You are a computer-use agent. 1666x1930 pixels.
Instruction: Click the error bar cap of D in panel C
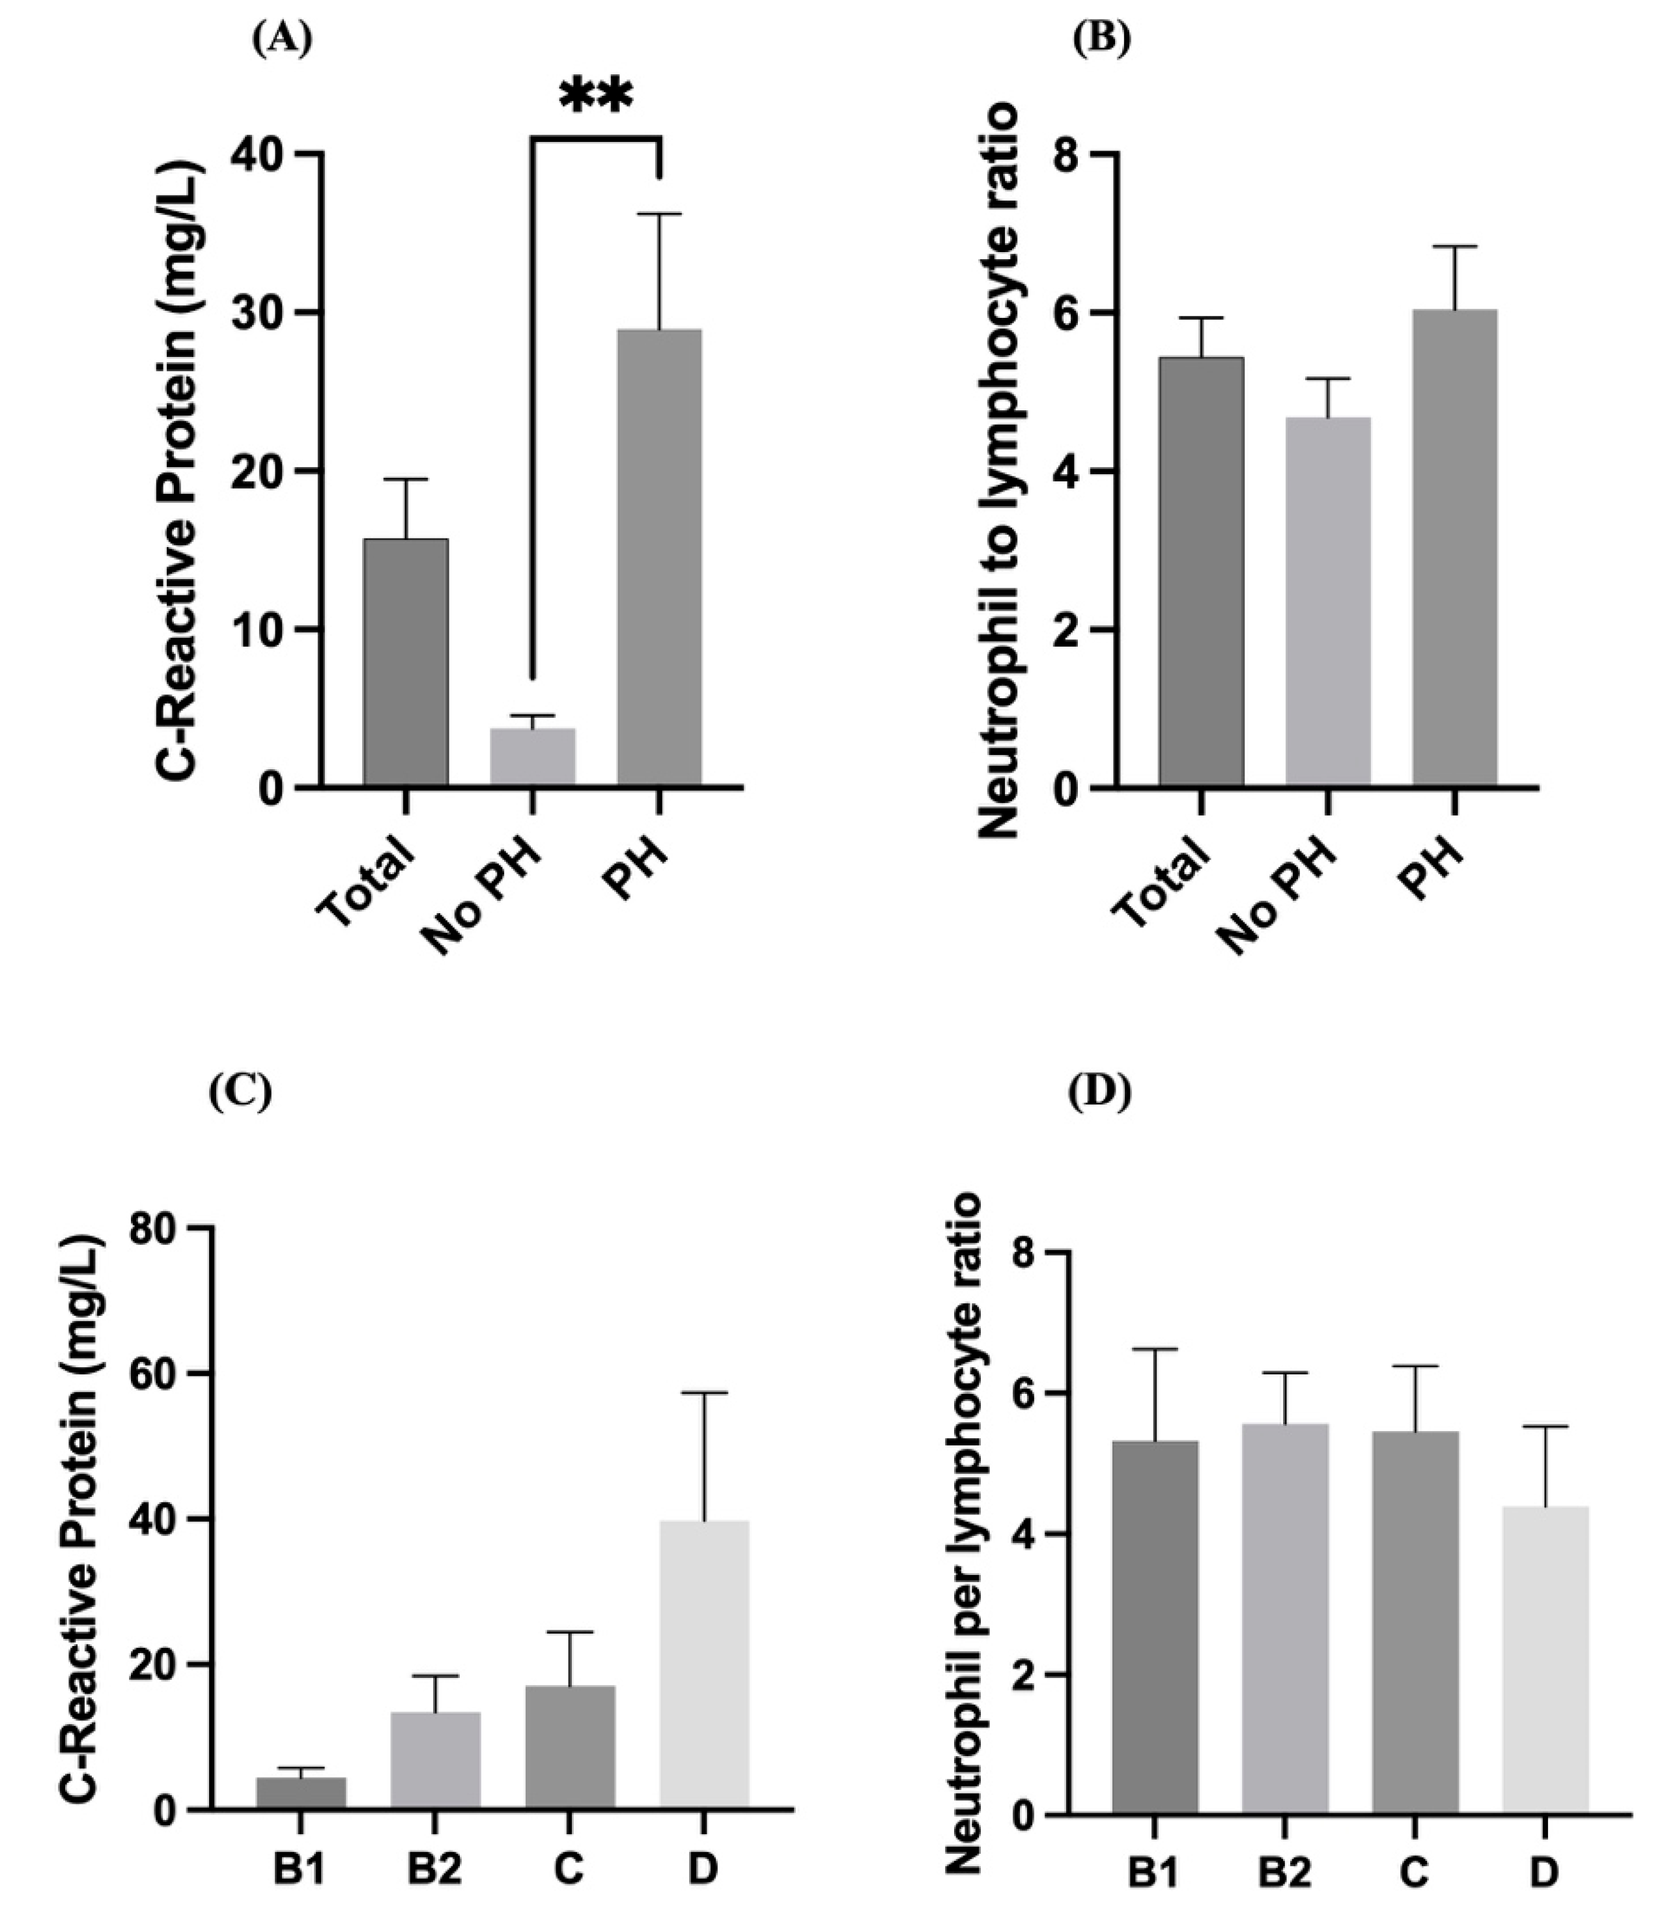point(704,1393)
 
